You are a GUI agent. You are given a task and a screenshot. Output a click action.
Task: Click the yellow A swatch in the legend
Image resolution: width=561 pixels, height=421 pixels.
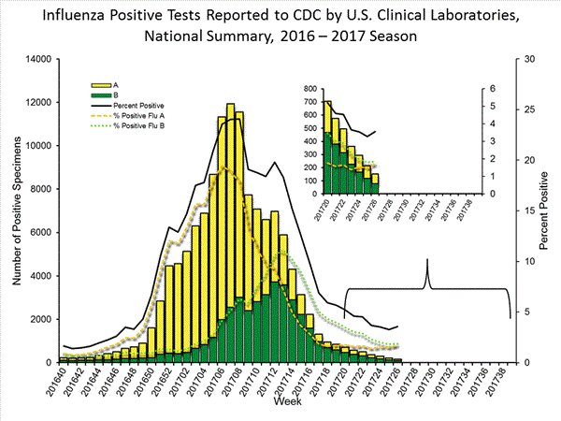[x=96, y=82]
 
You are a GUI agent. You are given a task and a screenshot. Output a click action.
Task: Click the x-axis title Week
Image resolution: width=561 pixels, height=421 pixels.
[x=287, y=402]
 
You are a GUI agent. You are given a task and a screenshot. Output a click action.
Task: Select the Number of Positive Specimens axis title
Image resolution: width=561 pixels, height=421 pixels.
[x=13, y=210]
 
